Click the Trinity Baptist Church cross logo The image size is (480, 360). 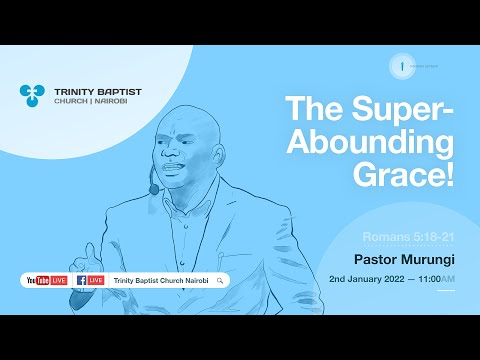click(31, 95)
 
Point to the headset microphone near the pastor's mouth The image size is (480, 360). click(155, 189)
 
